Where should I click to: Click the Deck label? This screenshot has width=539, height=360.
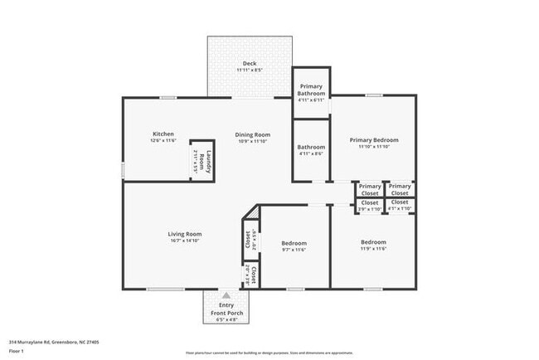(x=250, y=64)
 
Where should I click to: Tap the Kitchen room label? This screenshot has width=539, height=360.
(x=163, y=134)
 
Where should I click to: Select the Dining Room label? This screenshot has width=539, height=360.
(x=253, y=134)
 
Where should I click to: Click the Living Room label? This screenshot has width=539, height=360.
(x=185, y=234)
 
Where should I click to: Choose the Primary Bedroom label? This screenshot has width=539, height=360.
(x=373, y=140)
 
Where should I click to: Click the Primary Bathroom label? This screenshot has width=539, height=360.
(x=311, y=90)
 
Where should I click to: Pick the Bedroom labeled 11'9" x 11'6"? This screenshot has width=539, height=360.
(x=373, y=243)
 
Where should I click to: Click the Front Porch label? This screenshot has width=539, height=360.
(x=226, y=312)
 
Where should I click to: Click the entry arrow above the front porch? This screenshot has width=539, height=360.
(x=226, y=294)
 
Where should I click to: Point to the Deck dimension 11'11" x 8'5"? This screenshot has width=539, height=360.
(x=250, y=71)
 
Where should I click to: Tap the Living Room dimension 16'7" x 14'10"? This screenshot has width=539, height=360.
(x=185, y=241)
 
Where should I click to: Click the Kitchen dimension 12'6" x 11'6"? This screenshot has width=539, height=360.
(x=163, y=141)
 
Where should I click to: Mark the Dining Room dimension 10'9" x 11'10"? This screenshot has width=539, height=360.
(x=253, y=141)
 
